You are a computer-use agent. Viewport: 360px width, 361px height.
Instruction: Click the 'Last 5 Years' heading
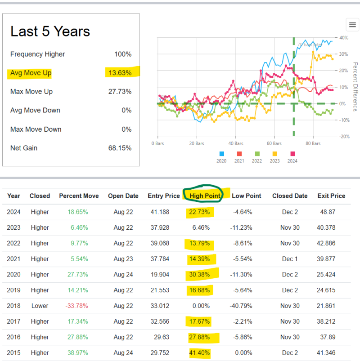point(50,31)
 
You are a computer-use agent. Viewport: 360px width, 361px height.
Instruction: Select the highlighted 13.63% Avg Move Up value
point(121,73)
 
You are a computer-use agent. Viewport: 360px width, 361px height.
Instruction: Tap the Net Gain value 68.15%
point(121,148)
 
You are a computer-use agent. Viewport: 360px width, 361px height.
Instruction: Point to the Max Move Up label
point(31,92)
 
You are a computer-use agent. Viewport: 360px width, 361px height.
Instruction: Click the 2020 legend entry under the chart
point(221,157)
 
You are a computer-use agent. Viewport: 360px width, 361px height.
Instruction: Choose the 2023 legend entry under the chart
point(274,157)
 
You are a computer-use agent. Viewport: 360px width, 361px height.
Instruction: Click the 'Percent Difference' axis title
point(355,87)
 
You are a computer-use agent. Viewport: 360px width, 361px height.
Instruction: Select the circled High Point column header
point(205,196)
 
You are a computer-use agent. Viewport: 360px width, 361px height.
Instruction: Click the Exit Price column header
point(331,196)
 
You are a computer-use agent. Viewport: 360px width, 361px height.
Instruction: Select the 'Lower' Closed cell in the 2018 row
point(40,306)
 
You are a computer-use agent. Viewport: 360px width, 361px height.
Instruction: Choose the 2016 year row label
point(14,337)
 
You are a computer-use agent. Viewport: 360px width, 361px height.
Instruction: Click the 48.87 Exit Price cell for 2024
point(331,212)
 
